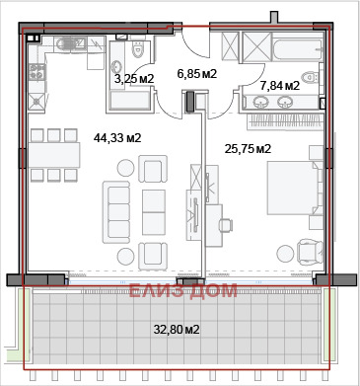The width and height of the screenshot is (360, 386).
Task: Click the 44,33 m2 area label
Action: pos(117,137)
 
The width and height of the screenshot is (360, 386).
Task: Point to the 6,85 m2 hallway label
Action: pos(197,73)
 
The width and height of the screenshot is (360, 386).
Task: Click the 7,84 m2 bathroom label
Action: pos(279,86)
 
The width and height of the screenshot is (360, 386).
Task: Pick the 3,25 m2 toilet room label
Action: pos(133,77)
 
